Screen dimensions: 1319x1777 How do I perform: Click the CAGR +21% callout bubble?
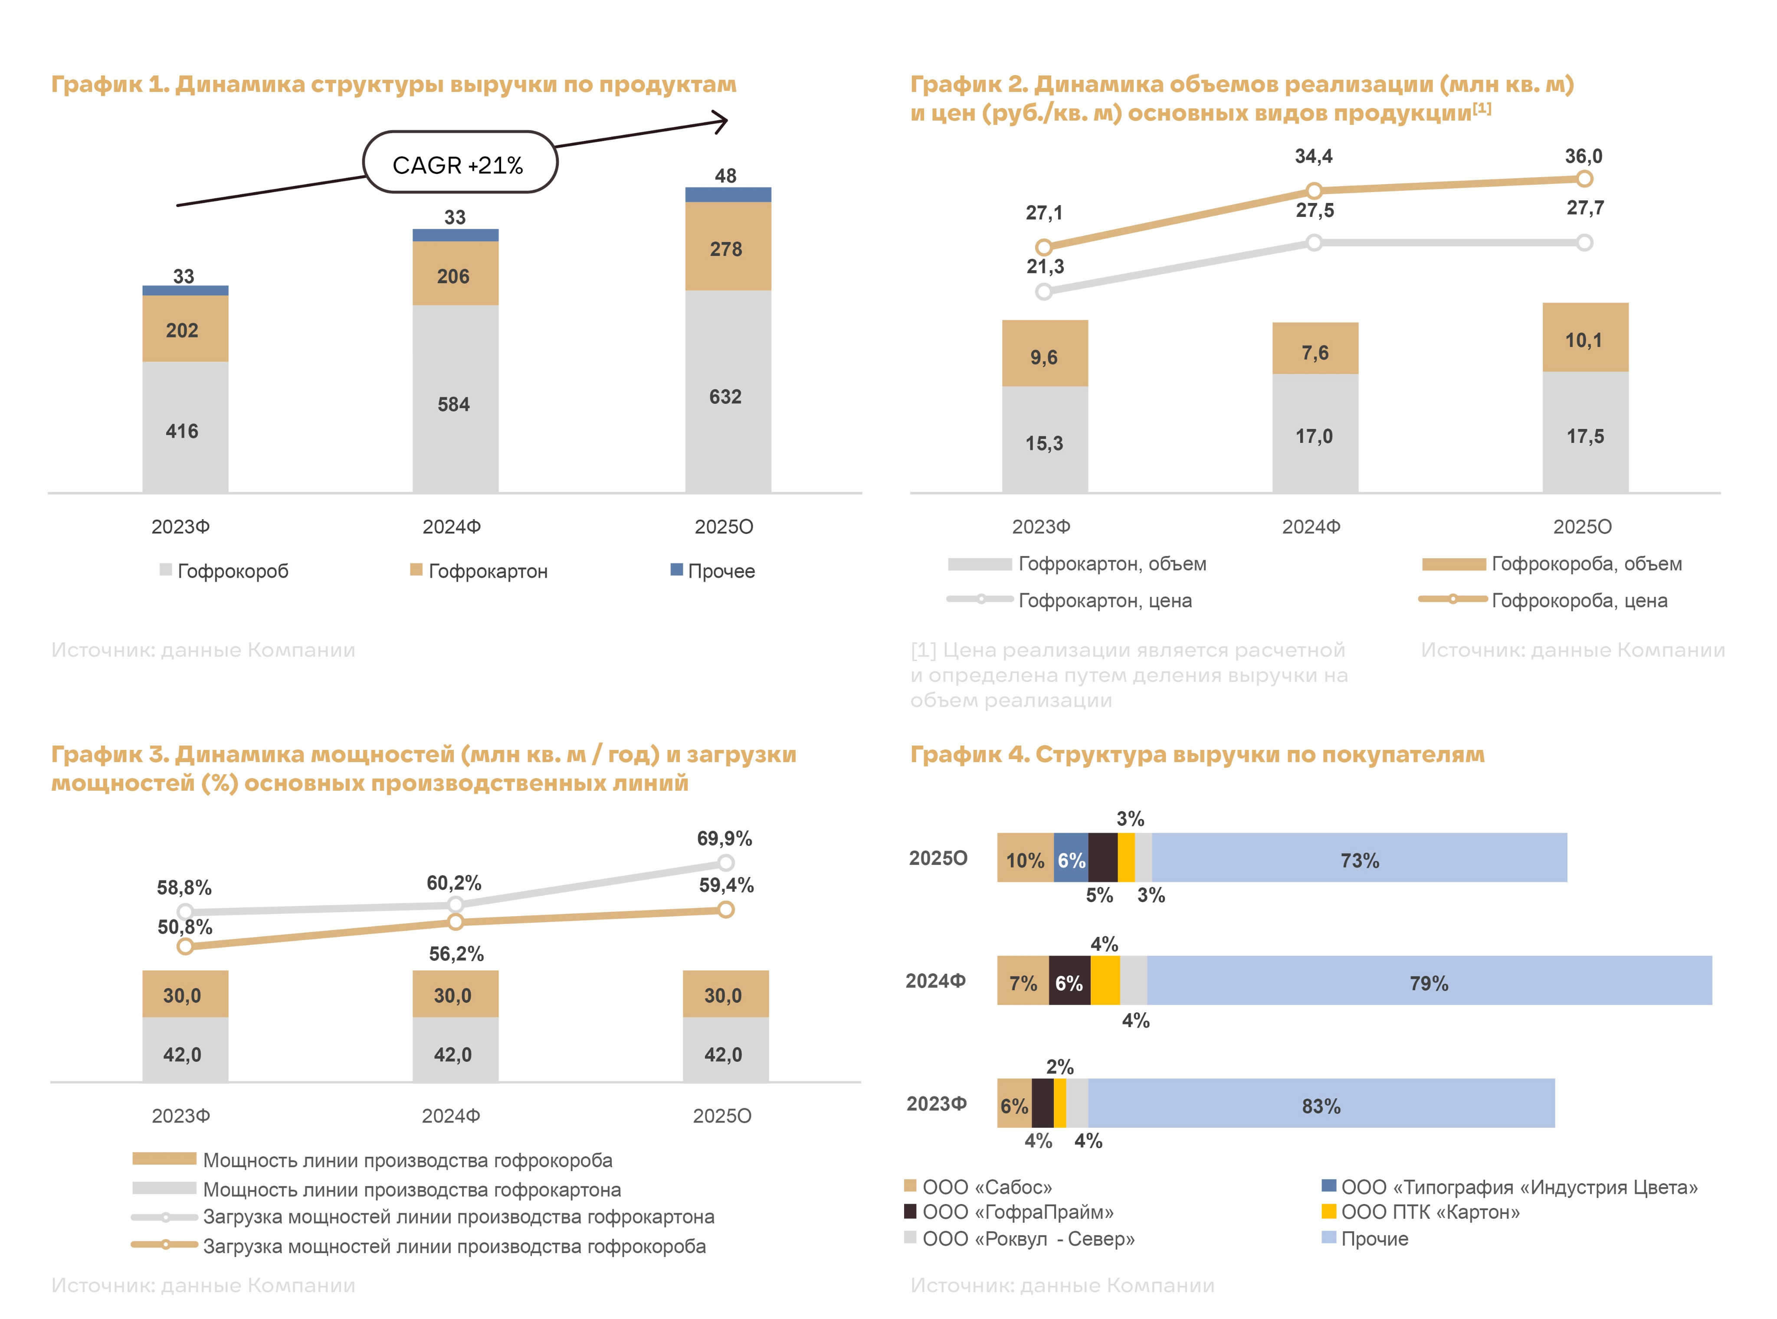pos(459,163)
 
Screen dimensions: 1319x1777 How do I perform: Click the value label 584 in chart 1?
pos(454,405)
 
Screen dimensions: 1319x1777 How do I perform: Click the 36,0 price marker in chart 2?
pos(1584,179)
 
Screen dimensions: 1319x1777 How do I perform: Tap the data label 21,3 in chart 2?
pos(1045,267)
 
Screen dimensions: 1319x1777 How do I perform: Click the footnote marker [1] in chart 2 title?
pos(1482,108)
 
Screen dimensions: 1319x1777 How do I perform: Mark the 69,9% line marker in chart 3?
pos(725,862)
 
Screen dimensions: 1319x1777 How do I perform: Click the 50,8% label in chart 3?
pos(184,927)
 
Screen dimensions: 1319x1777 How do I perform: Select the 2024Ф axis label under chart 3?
pos(451,1116)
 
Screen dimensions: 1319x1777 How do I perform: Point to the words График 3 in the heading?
pos(108,755)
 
